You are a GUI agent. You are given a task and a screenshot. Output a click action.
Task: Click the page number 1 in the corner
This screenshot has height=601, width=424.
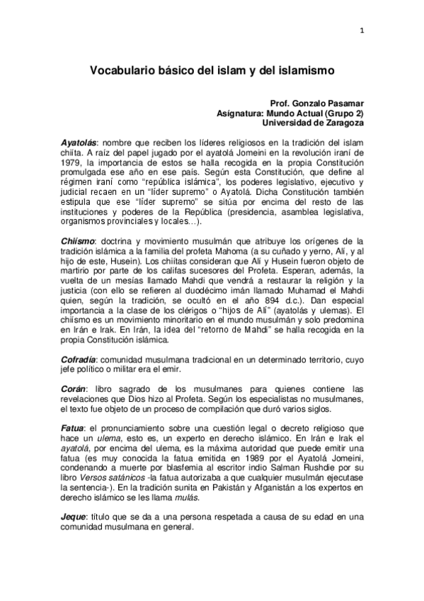[x=362, y=30]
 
